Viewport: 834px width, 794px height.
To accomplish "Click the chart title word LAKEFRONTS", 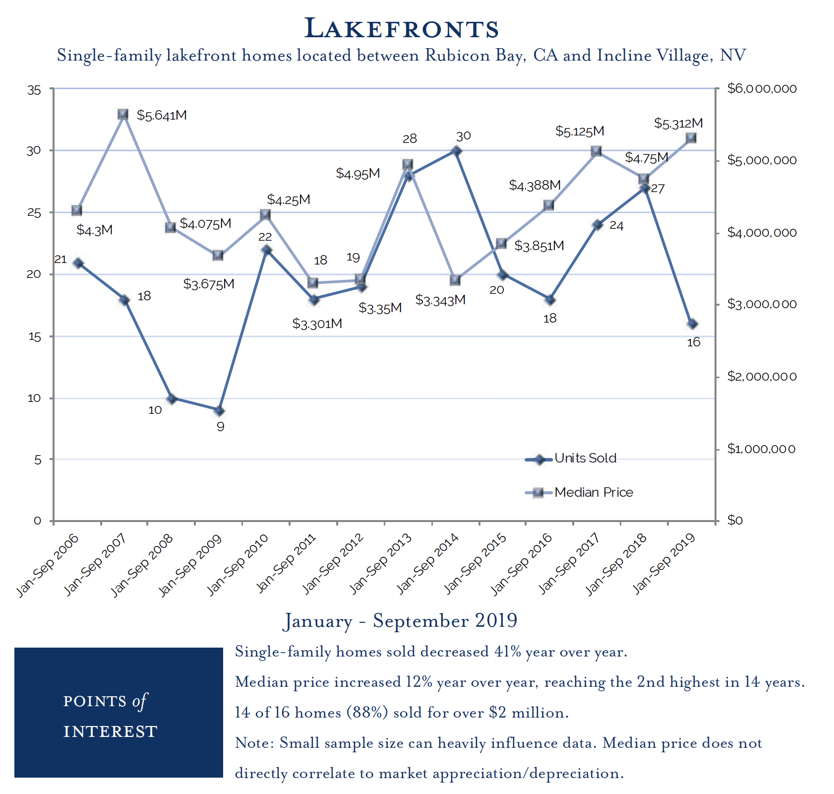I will coord(402,28).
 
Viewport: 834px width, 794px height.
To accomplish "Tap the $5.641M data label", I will coord(162,116).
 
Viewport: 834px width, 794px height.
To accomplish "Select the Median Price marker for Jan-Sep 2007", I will coord(123,114).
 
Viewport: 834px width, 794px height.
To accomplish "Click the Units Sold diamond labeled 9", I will coord(219,411).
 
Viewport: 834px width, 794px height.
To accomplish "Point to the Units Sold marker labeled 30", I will coord(457,150).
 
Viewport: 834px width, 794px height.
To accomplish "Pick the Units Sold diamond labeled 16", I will coord(693,324).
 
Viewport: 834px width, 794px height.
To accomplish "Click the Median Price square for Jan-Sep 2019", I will coord(691,138).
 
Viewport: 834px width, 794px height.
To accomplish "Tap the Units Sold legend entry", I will coord(585,458).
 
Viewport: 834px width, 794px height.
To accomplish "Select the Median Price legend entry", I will coord(594,492).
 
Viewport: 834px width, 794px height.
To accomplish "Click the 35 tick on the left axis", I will coord(34,90).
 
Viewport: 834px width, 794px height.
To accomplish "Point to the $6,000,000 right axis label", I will coord(762,89).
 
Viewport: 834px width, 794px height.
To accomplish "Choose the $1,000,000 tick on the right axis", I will coord(762,449).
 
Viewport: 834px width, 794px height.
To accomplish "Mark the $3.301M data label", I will coord(317,324).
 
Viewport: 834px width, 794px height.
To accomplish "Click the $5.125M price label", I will coord(580,132).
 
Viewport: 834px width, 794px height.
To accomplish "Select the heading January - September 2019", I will coord(401,621).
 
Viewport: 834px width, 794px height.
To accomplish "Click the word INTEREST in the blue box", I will coord(110,731).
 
